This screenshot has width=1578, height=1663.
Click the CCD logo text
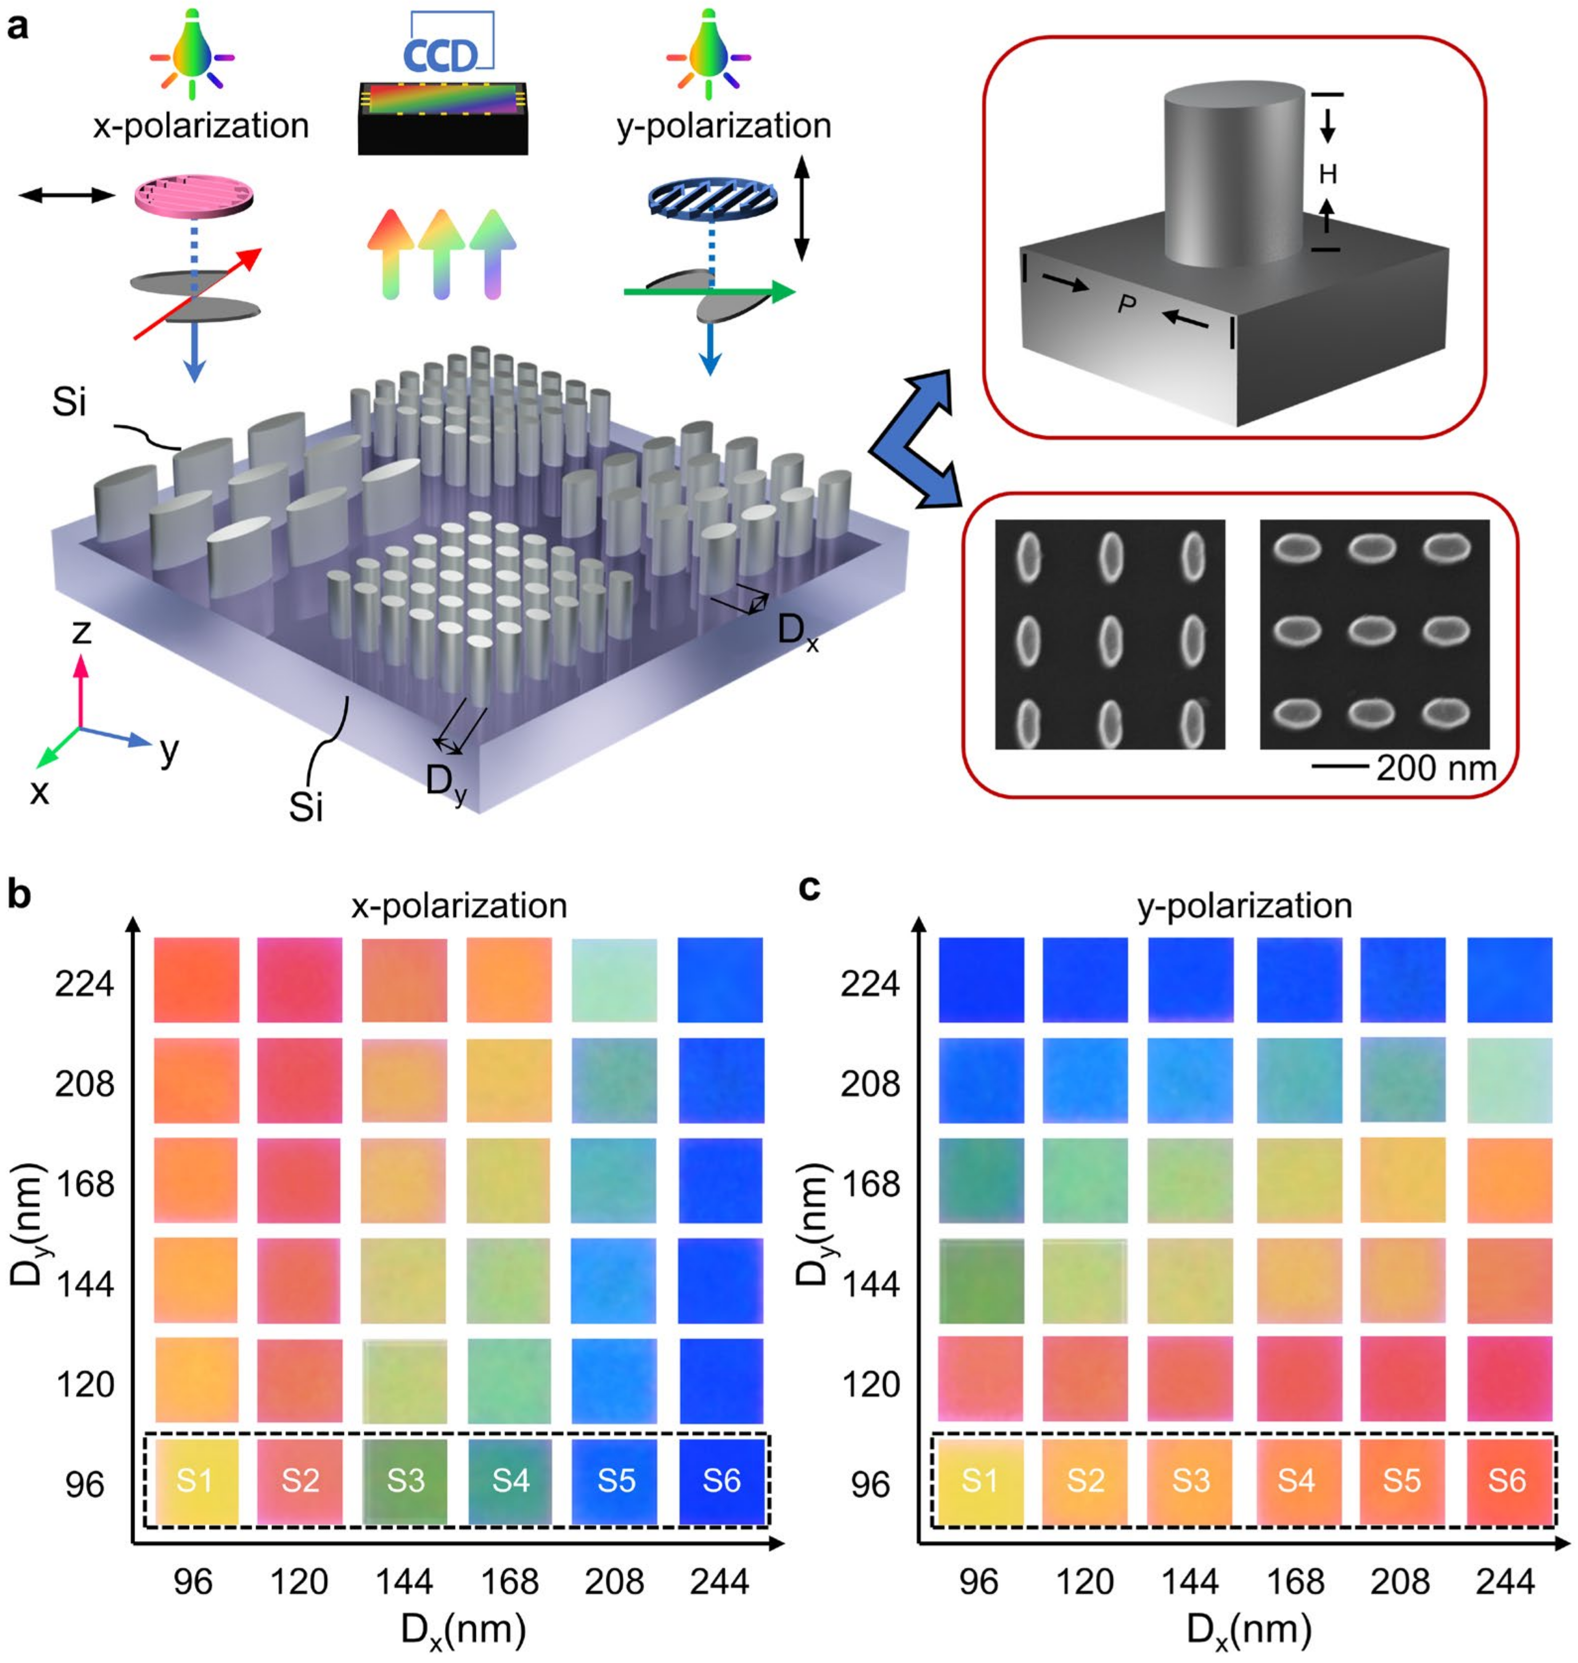[x=440, y=56]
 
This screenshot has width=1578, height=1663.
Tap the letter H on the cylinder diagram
[x=1327, y=174]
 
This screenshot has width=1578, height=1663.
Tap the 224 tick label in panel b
[x=84, y=982]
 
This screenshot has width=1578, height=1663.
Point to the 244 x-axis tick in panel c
[x=1506, y=1582]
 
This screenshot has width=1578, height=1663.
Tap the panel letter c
[x=809, y=888]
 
